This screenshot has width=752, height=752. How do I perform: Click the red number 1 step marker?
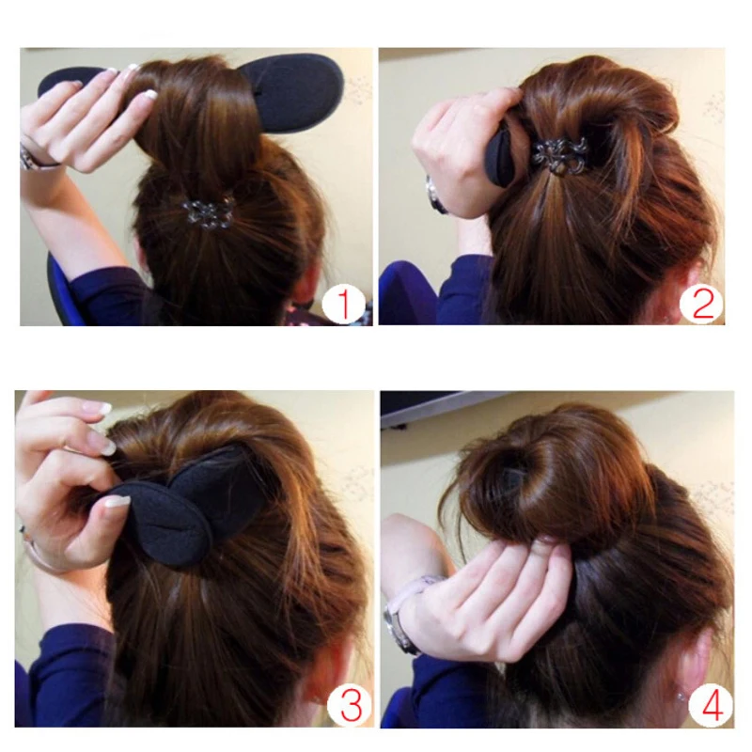342,305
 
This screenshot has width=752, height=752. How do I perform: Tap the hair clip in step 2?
560,154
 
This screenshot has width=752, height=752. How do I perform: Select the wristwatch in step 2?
433,196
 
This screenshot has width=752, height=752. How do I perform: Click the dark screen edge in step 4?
442,404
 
